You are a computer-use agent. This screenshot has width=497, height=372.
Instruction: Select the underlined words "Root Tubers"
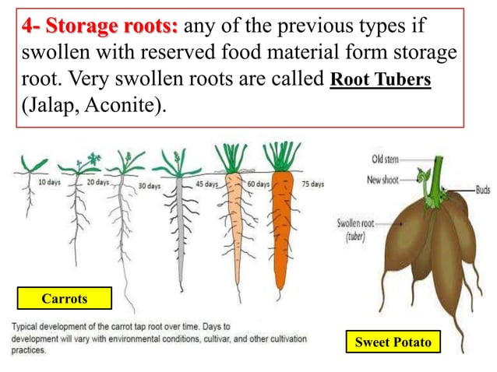click(381, 82)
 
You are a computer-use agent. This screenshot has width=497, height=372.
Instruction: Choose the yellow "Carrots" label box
click(65, 298)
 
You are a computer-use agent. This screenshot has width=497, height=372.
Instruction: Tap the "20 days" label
click(97, 182)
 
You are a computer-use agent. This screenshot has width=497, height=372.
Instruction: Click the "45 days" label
click(206, 184)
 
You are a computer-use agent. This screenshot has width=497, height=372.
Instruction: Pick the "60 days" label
click(257, 184)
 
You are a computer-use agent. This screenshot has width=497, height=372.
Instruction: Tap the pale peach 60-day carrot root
click(233, 226)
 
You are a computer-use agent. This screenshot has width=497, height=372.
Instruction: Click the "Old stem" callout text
click(386, 160)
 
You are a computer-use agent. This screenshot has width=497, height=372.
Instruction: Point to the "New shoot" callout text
click(384, 181)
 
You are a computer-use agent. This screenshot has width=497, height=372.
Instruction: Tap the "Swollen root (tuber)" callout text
click(356, 229)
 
